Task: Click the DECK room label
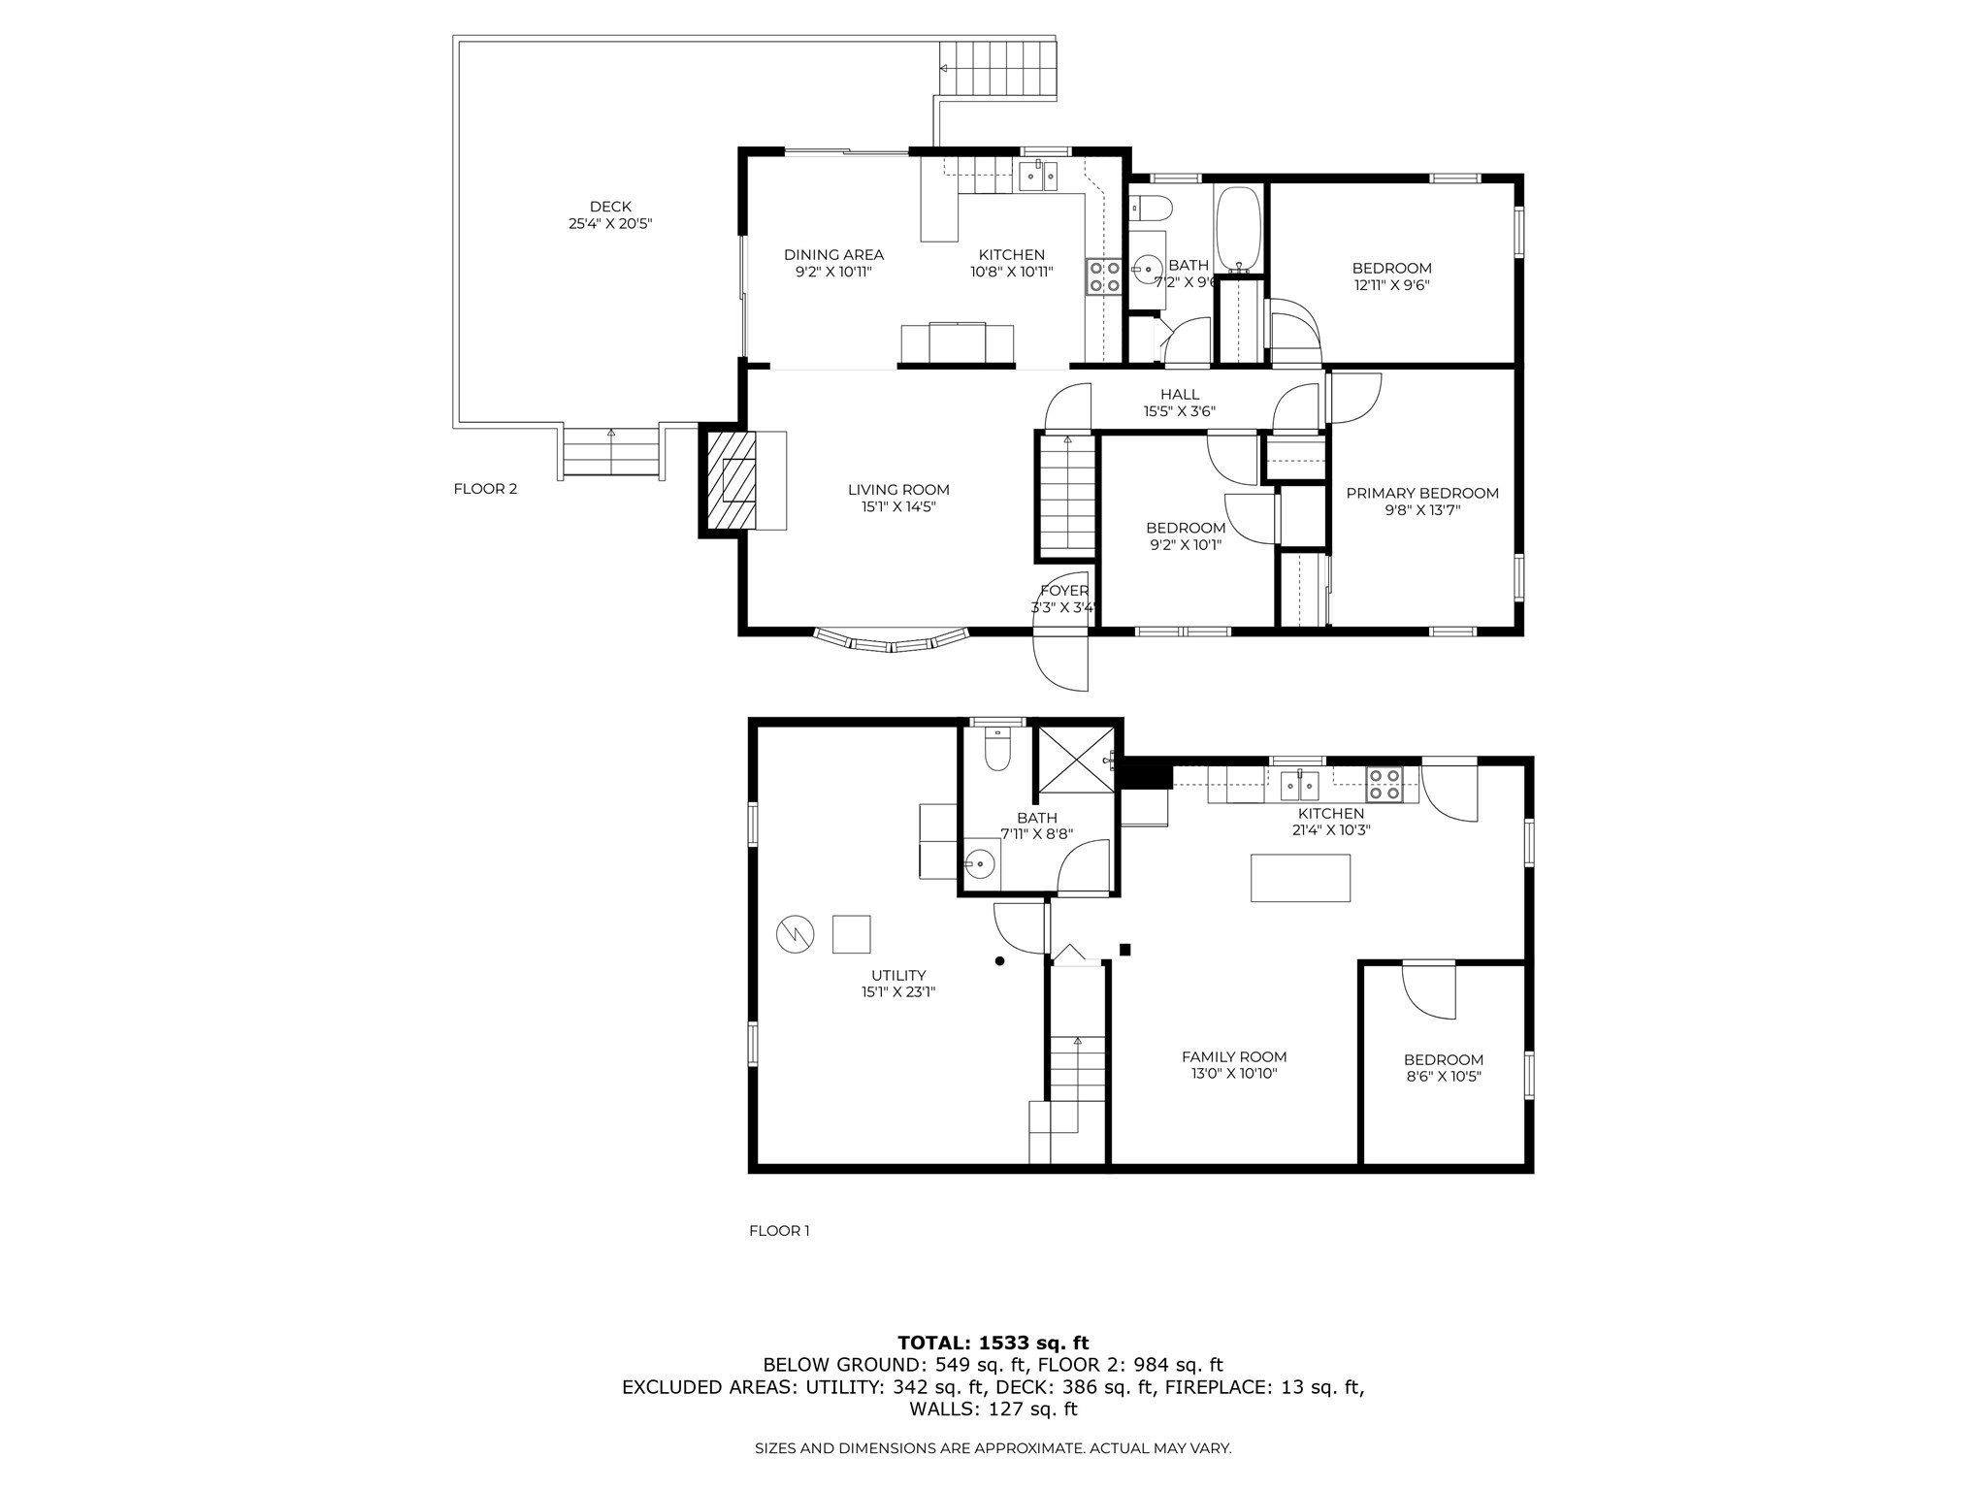pyautogui.click(x=610, y=207)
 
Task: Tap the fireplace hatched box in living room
pyautogui.click(x=731, y=480)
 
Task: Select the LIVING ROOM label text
pyautogui.click(x=898, y=490)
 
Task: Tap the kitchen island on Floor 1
pyautogui.click(x=1300, y=878)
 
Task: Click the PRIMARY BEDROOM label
pyautogui.click(x=1422, y=494)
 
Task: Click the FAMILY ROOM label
pyautogui.click(x=1234, y=1057)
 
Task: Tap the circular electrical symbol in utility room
pyautogui.click(x=793, y=934)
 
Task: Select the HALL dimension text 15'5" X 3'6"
pyautogui.click(x=1179, y=411)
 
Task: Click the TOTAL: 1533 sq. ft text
pyautogui.click(x=993, y=1343)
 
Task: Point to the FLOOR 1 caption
pyautogui.click(x=779, y=1231)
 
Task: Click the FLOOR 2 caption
pyautogui.click(x=485, y=489)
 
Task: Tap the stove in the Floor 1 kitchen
pyautogui.click(x=1384, y=784)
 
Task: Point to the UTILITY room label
pyautogui.click(x=898, y=976)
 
